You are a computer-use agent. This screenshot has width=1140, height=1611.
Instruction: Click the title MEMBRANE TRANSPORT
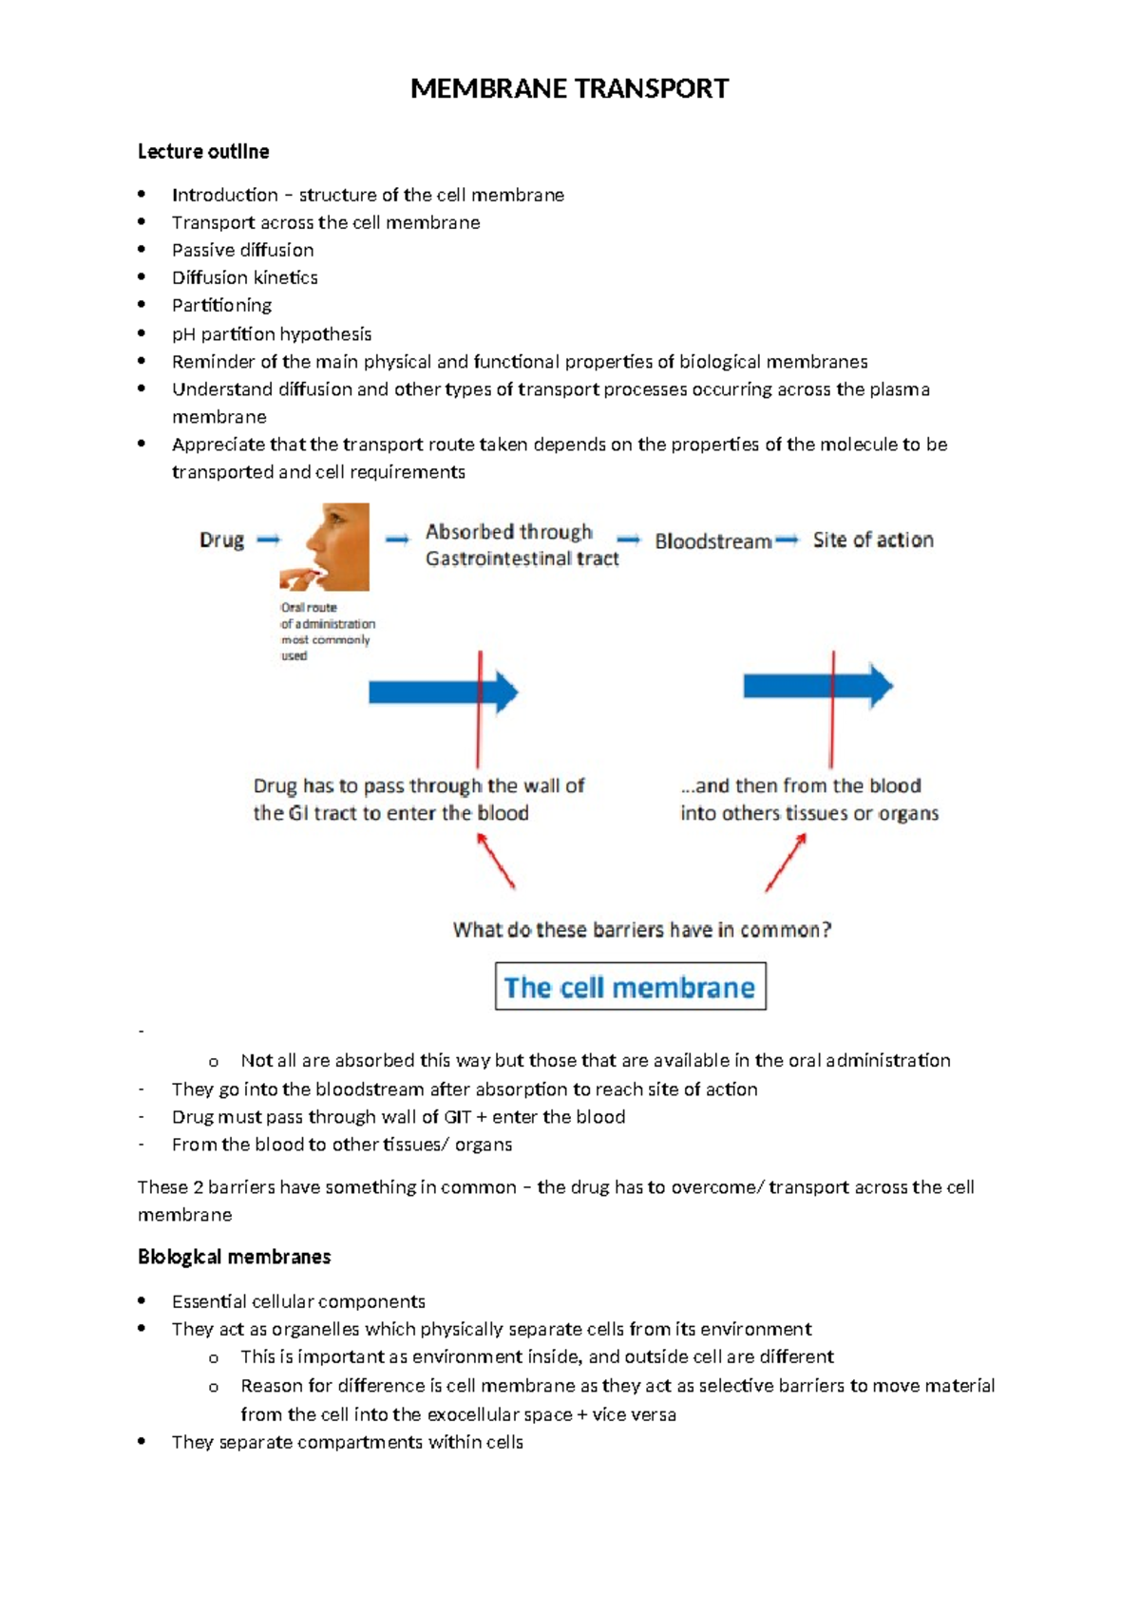tap(569, 89)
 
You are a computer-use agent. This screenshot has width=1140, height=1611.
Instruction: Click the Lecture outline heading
tap(203, 152)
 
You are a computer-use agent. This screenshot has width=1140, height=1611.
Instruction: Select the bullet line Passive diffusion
tap(242, 250)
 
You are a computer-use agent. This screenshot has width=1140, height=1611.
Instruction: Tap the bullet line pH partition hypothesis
tap(271, 334)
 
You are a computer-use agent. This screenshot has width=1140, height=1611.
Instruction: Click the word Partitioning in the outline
tap(221, 306)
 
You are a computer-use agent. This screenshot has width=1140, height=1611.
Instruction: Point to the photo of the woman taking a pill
tap(325, 547)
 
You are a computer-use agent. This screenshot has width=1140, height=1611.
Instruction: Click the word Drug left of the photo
tap(221, 540)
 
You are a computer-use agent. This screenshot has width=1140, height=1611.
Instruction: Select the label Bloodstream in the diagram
tap(712, 541)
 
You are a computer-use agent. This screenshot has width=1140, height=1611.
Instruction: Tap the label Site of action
tap(872, 540)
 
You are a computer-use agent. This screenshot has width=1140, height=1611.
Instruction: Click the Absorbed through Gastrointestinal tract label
tap(521, 545)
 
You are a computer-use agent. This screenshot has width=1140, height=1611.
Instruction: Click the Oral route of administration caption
tap(326, 631)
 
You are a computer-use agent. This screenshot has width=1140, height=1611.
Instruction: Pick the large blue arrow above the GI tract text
tap(442, 692)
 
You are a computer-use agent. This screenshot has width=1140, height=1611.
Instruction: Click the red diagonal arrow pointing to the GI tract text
tap(496, 861)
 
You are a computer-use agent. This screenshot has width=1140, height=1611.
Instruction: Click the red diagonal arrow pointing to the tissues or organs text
tap(786, 862)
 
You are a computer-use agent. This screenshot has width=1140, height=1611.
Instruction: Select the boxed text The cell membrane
tap(630, 987)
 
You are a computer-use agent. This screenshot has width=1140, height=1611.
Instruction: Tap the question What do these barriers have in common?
tap(641, 930)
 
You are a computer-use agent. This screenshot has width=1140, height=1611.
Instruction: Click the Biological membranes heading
tap(234, 1258)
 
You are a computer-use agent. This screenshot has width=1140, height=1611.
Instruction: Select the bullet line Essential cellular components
tap(298, 1301)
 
